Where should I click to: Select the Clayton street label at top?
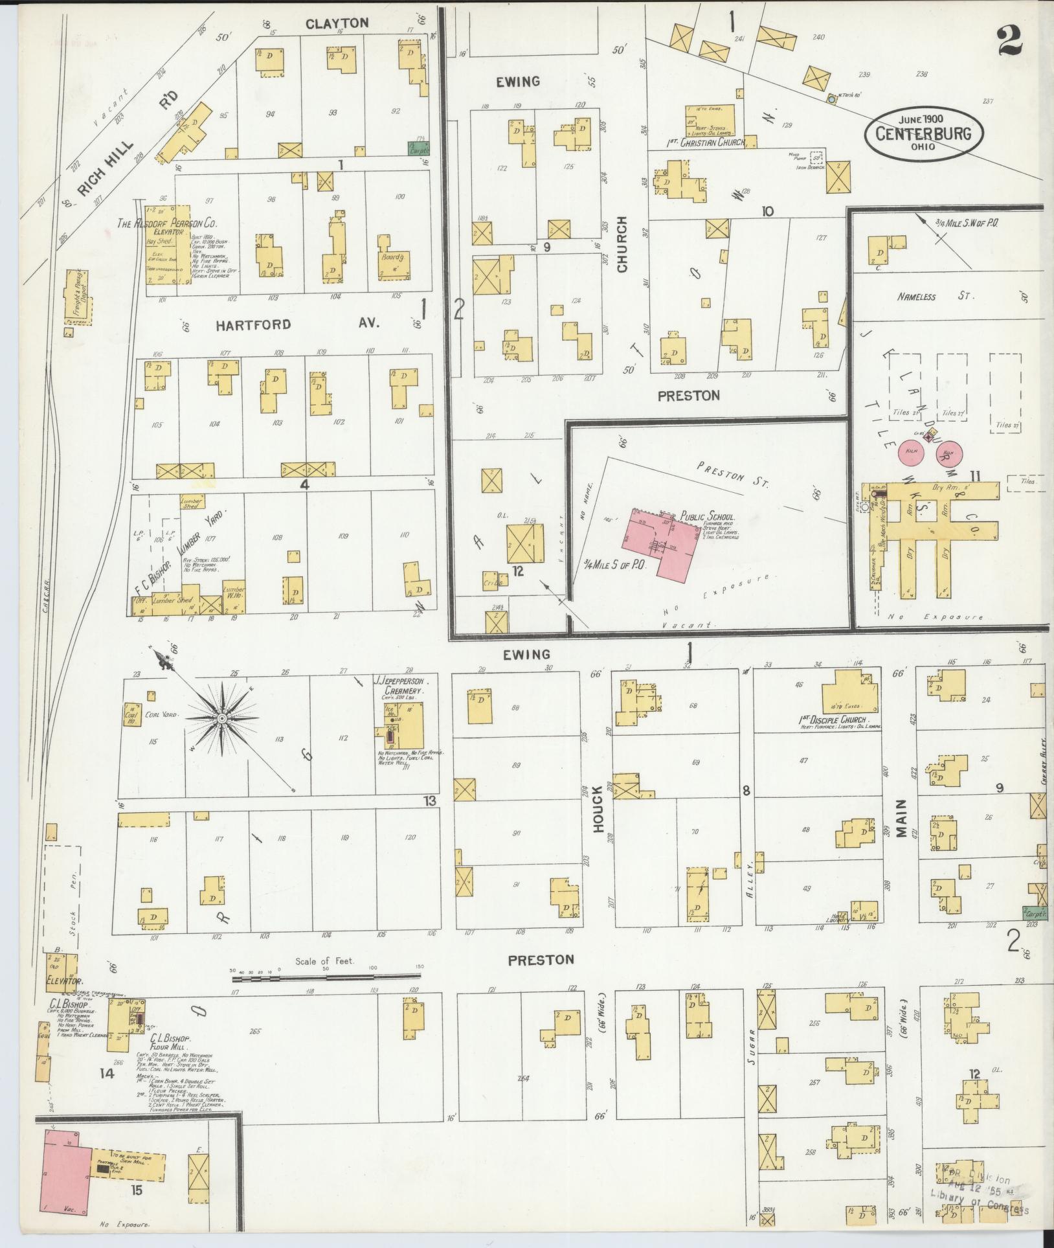tap(337, 23)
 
